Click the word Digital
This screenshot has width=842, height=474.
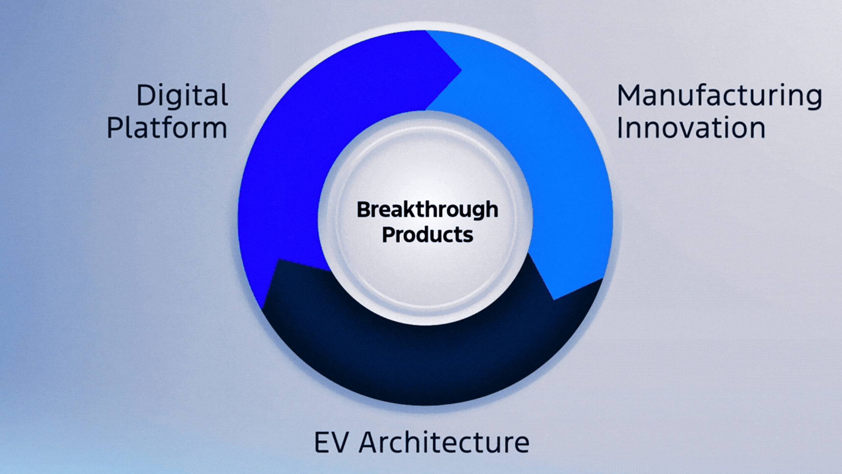(x=182, y=95)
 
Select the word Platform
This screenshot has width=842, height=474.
(x=167, y=128)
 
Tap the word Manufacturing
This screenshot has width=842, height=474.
(x=719, y=96)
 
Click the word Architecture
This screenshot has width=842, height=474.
(x=444, y=442)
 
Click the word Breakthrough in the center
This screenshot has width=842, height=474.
(x=427, y=210)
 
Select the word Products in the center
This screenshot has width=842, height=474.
(x=428, y=235)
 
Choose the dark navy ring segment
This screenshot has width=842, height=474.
(x=428, y=362)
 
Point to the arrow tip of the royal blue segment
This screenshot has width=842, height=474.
(x=461, y=70)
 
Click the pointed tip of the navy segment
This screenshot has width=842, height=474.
(x=278, y=259)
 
